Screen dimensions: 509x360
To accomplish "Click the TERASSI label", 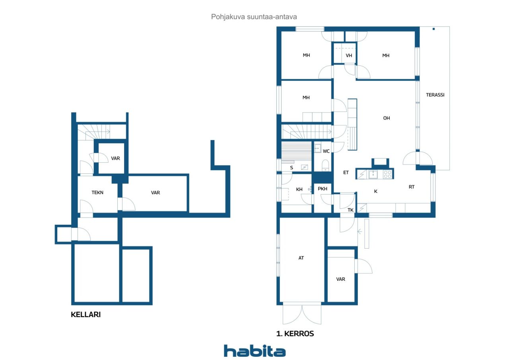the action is [435, 95].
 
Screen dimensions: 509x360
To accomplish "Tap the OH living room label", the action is [386, 118].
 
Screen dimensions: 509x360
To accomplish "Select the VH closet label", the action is [349, 55].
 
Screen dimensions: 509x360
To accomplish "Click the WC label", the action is [326, 151].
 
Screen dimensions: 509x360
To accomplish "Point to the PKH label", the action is [322, 189].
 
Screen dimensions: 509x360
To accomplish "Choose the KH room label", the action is [299, 189].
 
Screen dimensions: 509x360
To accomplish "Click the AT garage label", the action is [301, 258].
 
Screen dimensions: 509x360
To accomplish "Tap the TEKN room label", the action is [97, 193].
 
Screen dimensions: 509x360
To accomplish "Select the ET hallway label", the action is [346, 173].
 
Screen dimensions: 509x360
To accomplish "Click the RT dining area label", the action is [412, 187].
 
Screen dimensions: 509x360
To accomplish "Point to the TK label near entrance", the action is [350, 210].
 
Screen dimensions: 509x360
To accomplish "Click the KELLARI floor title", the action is [85, 315].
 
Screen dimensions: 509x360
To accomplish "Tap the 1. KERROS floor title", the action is [295, 334].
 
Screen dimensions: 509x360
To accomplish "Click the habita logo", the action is [255, 351].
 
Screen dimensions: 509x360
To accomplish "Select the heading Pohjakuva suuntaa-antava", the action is [254, 17].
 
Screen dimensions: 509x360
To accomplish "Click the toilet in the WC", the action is [325, 165].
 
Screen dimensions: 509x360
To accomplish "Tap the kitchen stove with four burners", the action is [388, 174].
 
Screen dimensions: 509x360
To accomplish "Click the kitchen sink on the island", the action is [373, 174].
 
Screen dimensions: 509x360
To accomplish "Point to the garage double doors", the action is [302, 315].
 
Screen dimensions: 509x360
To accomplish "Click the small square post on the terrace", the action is [433, 29].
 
